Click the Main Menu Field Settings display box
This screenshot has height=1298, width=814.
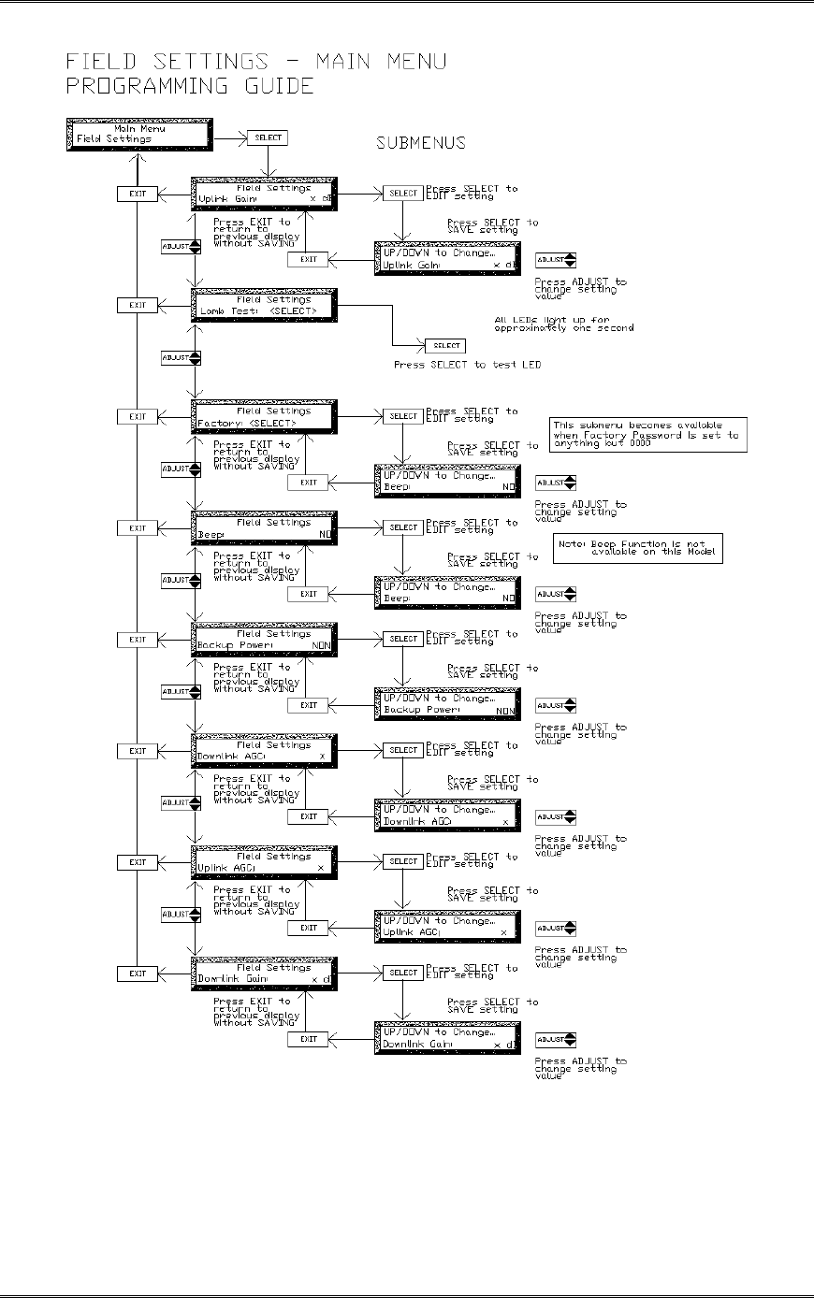coord(138,134)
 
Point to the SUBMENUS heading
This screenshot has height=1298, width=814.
coord(421,144)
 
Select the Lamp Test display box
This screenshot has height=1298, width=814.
coord(263,305)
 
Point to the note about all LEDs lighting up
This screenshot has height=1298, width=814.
coord(563,324)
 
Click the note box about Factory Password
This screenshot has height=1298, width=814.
coord(650,435)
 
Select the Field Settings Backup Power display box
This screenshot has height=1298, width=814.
coord(263,639)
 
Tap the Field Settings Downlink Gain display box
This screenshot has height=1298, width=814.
coord(263,973)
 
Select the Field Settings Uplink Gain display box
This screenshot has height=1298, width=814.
coord(263,194)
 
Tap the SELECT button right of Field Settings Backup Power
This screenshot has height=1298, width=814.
coord(403,639)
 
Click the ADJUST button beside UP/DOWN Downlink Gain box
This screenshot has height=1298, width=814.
coord(556,1039)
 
